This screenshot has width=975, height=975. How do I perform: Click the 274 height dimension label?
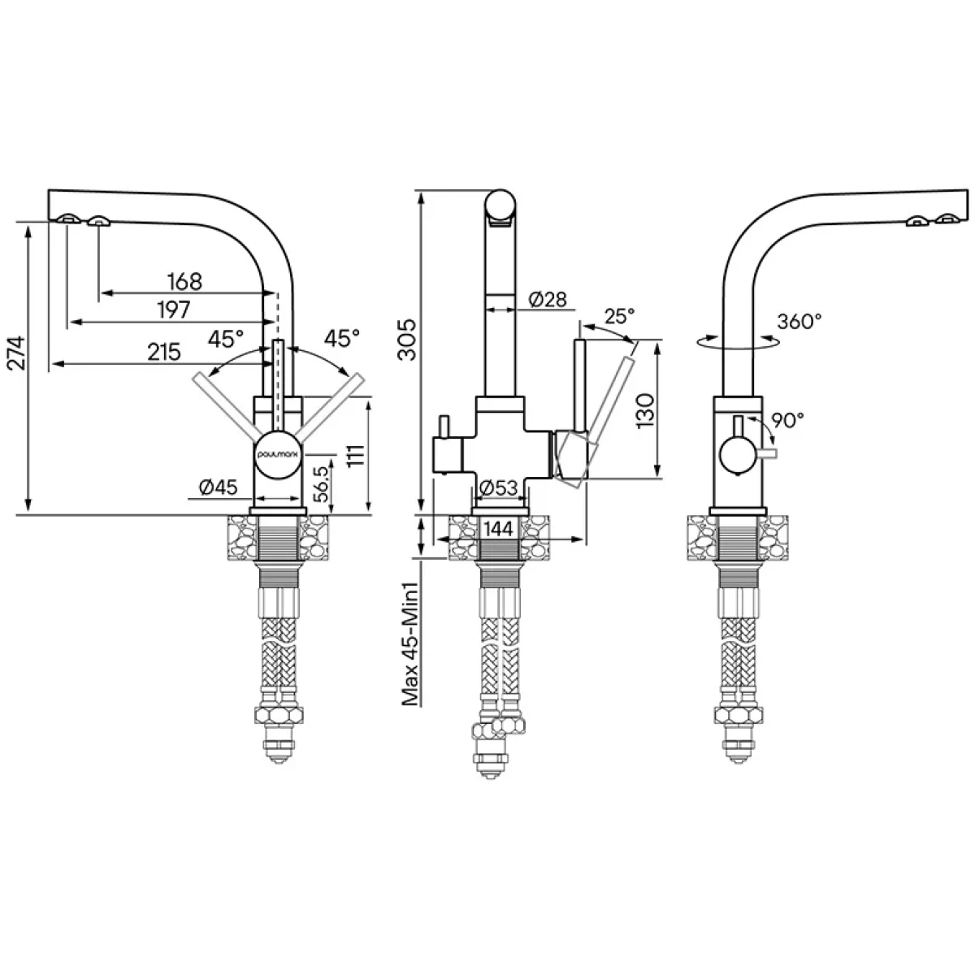click(x=18, y=353)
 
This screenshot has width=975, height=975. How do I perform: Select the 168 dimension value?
click(x=184, y=281)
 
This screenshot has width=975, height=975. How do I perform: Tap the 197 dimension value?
click(x=174, y=310)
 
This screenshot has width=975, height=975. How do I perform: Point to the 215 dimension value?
click(x=164, y=352)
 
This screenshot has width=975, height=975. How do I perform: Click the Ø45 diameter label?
click(x=218, y=487)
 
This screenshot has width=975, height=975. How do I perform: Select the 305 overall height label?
click(x=406, y=339)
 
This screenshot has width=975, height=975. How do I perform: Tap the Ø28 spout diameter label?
click(x=548, y=300)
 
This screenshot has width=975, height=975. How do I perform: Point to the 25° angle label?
click(x=619, y=316)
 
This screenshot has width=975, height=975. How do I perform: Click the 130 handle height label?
click(x=645, y=411)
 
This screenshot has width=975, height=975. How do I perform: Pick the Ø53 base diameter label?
click(x=498, y=487)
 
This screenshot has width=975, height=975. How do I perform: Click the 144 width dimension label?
click(x=498, y=529)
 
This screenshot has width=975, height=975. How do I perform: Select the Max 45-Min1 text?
click(x=409, y=643)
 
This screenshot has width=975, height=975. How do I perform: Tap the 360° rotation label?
click(x=799, y=321)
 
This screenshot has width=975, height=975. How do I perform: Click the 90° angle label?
click(x=787, y=420)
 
